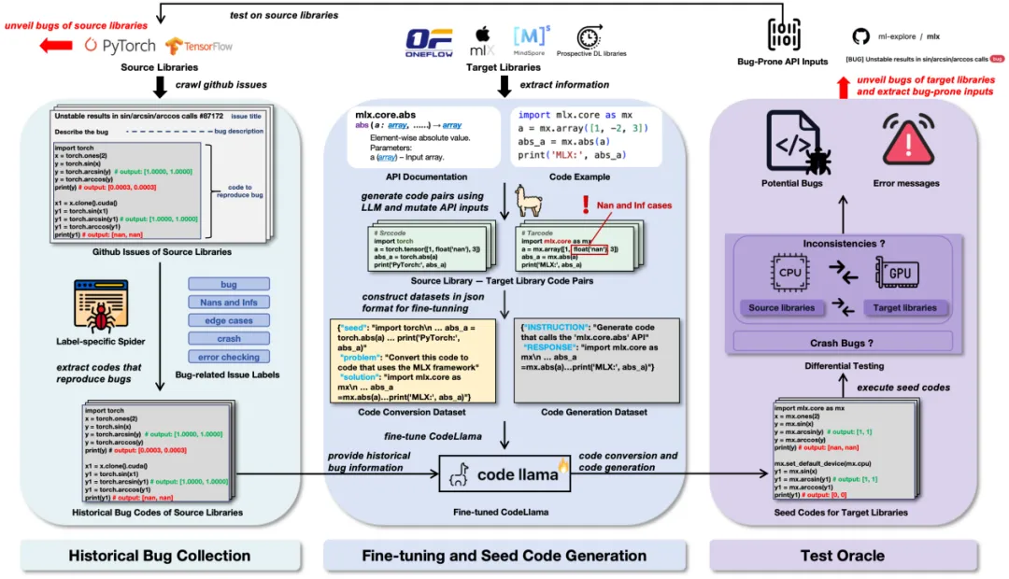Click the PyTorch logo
click(x=120, y=45)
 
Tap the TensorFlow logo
click(x=199, y=45)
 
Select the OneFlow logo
click(x=429, y=40)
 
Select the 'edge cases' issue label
click(x=229, y=320)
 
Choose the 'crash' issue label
click(x=229, y=338)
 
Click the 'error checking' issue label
click(x=229, y=357)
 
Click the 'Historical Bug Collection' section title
click(x=160, y=556)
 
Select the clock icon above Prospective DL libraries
click(x=588, y=37)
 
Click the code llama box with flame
click(x=504, y=473)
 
